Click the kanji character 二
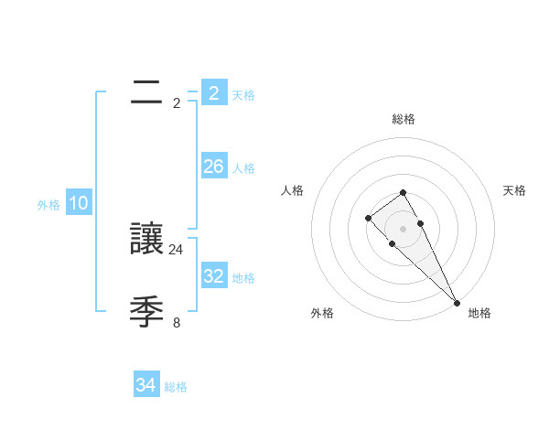[x=147, y=92]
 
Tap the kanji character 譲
[x=147, y=239]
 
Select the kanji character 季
[x=147, y=312]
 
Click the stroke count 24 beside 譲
[x=177, y=249]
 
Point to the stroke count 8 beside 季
[x=177, y=322]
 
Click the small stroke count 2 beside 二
[x=177, y=102]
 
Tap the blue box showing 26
[x=214, y=167]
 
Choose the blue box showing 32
[x=214, y=276]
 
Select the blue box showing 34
[x=146, y=386]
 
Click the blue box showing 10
[x=79, y=204]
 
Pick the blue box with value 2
[x=214, y=93]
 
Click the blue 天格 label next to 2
[x=243, y=94]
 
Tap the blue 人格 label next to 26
[x=243, y=167]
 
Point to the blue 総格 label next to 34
[x=176, y=387]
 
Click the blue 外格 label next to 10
[x=48, y=205]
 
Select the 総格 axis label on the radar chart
[x=404, y=119]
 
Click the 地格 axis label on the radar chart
[x=479, y=313]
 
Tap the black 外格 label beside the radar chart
[x=322, y=313]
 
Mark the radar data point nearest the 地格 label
[x=457, y=302]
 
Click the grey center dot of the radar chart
[x=404, y=229]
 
